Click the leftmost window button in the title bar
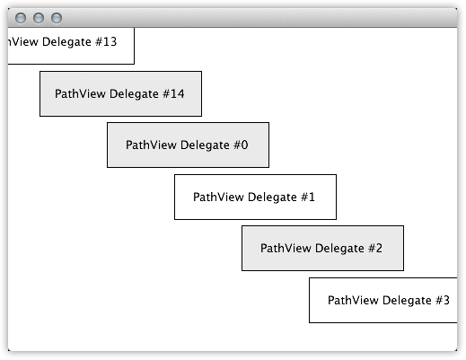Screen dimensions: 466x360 pos(21,18)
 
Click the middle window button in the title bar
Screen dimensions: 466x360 pos(39,18)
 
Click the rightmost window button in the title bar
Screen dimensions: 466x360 pos(57,18)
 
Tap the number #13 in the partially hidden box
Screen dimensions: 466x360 pos(106,41)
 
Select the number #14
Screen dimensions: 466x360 pos(173,93)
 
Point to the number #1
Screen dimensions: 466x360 pos(308,197)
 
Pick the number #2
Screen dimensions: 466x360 pos(375,248)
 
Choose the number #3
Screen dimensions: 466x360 pos(443,300)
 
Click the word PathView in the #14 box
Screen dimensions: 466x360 pos(80,93)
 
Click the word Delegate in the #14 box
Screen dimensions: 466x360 pos(134,94)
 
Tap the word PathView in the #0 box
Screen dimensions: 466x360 pos(151,145)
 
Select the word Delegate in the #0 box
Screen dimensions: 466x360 pos(205,145)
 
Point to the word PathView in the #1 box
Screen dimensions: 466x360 pos(218,197)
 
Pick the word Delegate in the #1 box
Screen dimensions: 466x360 pos(272,198)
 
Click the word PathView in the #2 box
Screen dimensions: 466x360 pos(286,248)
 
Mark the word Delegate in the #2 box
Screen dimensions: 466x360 pos(339,249)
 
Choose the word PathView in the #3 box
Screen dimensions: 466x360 pos(353,300)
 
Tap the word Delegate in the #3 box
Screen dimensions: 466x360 pos(407,301)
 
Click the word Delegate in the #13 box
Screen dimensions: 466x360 pos(66,42)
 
